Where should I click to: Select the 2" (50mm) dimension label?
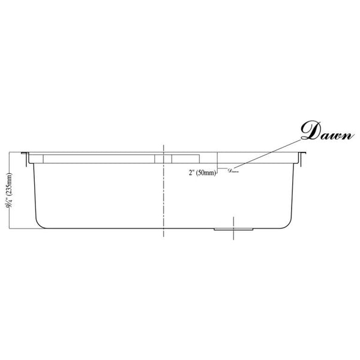[200, 173]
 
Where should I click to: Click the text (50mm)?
[206, 173]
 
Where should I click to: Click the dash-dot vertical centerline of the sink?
[163, 192]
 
